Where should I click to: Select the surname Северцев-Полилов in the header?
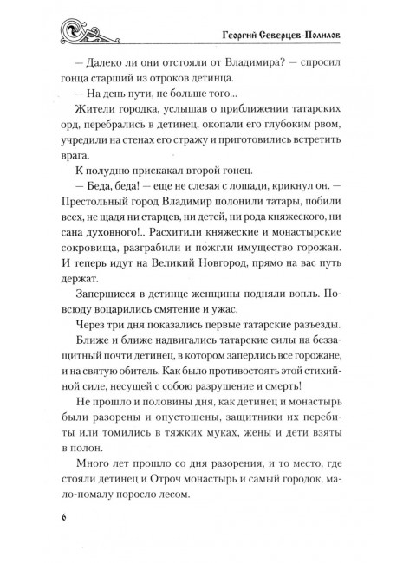point(309,31)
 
